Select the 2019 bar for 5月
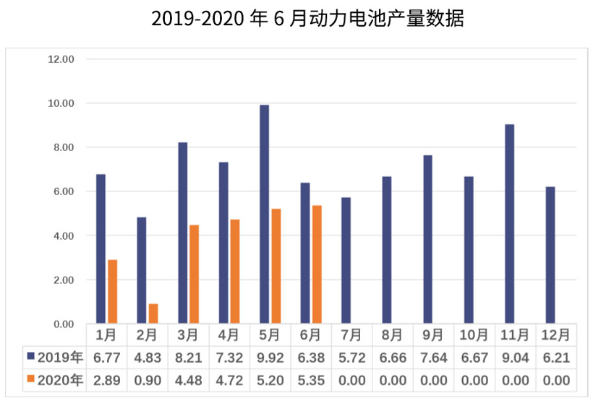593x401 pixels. click(264, 214)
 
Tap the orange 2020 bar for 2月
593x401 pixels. click(153, 314)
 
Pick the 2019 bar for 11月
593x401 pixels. click(509, 224)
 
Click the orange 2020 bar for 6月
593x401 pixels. click(317, 264)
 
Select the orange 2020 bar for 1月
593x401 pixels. click(112, 291)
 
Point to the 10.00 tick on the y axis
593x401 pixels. click(61, 103)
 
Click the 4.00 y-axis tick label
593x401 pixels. click(61, 236)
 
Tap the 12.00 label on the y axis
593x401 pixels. click(61, 59)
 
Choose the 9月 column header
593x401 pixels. click(433, 335)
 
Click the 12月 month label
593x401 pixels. click(556, 335)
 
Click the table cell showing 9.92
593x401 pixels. click(270, 357)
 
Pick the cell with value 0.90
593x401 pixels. click(148, 379)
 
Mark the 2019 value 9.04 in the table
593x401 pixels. click(515, 357)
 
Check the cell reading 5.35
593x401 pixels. click(311, 379)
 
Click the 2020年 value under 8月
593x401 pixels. click(393, 379)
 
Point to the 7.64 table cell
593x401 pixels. click(433, 357)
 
